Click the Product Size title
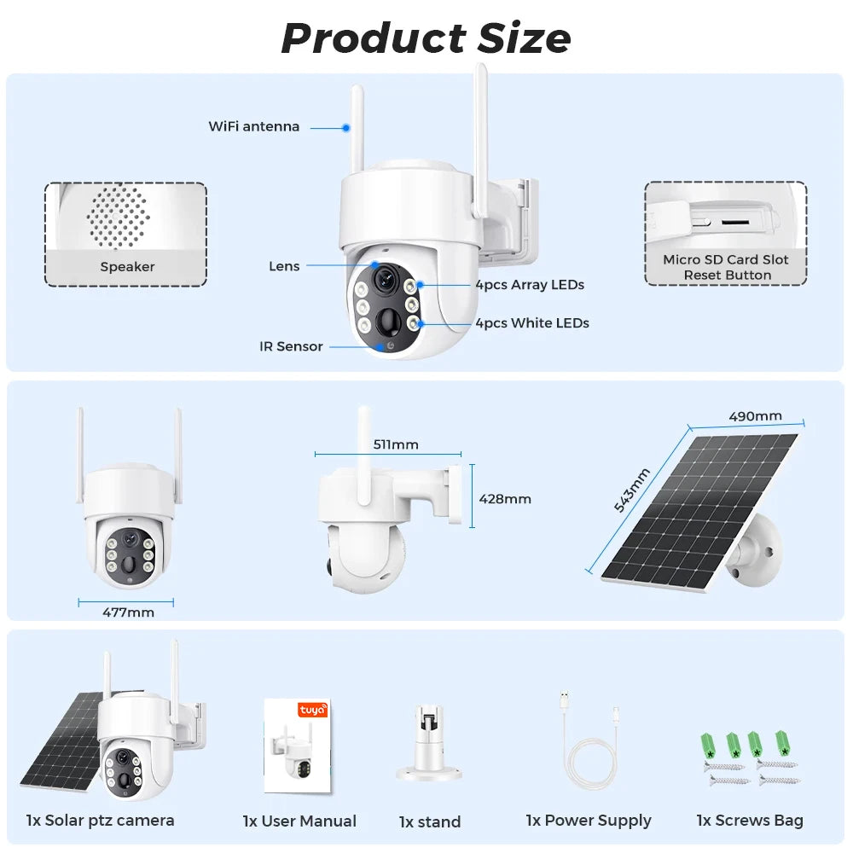coord(426,38)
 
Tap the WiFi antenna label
coord(254,126)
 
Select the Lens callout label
coord(284,266)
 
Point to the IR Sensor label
coord(291,346)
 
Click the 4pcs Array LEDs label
coord(530,285)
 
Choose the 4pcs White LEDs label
coord(532,322)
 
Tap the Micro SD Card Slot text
coord(726,259)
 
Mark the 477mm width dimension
coord(128,612)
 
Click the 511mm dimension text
coord(396,444)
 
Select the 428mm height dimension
coord(505,498)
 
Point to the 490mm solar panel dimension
coord(755,416)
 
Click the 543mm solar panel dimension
coord(632,490)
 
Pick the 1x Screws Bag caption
coord(750,820)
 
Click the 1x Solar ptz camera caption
coord(101,820)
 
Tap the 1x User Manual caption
coord(299,821)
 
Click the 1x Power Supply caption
coord(589,820)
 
